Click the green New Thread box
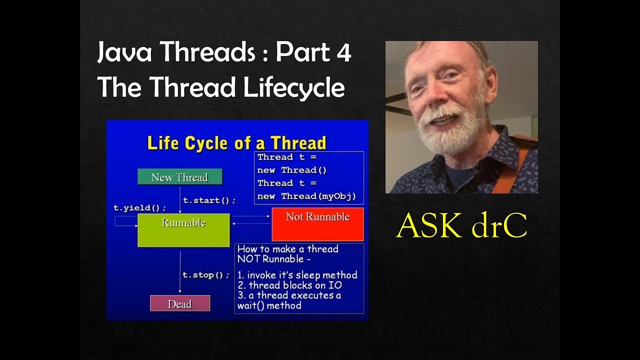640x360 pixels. (x=179, y=177)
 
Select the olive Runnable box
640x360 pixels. (x=183, y=230)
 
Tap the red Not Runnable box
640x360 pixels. (x=317, y=224)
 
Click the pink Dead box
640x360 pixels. (x=180, y=303)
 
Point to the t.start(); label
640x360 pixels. (x=209, y=200)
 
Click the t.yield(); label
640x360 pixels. (x=139, y=208)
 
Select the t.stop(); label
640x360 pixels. (x=205, y=275)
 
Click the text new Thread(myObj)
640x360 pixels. (x=306, y=196)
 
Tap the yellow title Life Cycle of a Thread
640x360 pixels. (x=236, y=143)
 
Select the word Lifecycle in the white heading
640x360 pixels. (x=294, y=88)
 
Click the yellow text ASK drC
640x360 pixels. (x=461, y=226)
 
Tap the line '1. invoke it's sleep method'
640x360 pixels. (x=297, y=275)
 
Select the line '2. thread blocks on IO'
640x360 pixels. (x=289, y=285)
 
